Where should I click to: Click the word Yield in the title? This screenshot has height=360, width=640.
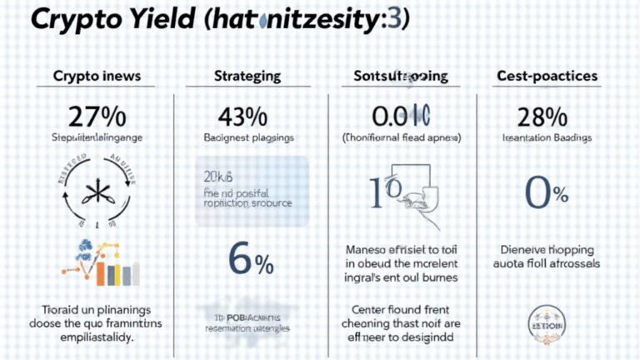[171, 22]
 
